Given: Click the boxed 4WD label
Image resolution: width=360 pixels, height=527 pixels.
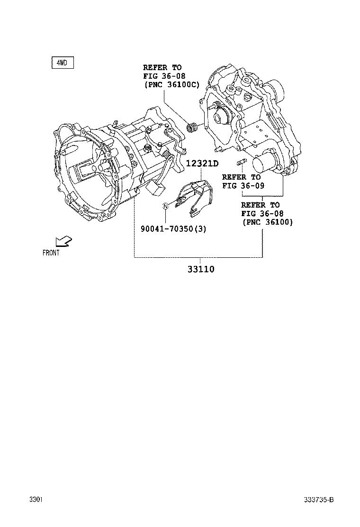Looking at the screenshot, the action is coord(63,63).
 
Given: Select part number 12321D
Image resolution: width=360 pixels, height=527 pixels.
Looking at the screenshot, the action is coord(202,164).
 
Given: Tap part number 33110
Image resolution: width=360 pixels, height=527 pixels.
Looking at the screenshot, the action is coord(201,269).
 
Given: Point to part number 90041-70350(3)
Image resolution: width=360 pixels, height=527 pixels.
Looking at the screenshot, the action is coord(173,229).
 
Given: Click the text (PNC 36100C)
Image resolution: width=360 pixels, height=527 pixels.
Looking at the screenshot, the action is coord(172,85).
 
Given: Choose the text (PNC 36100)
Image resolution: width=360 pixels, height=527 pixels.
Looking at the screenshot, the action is coord(268,222).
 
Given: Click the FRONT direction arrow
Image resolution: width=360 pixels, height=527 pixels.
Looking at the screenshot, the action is coord(64,241).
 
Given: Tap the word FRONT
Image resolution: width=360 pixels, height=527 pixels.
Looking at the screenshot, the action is coord(51,253).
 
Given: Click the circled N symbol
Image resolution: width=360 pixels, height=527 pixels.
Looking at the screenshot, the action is coord(165,206).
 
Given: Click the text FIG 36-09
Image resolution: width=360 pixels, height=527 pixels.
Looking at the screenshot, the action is coord(243,185).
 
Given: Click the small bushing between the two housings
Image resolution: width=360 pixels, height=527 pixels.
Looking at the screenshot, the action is coord(192,127).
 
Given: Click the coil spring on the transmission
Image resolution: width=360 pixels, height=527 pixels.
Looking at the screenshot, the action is coord(167,154).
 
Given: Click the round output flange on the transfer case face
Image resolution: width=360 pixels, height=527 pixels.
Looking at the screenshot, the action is coord(221,117).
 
